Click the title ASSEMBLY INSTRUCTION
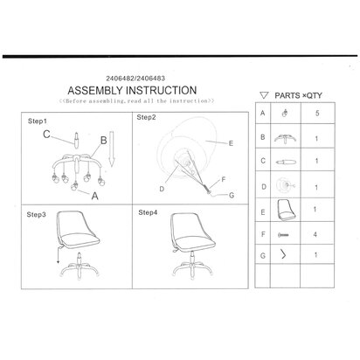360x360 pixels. click(132, 90)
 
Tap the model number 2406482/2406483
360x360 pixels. click(135, 78)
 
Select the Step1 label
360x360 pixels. click(37, 121)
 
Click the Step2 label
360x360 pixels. click(146, 117)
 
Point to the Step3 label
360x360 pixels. click(36, 215)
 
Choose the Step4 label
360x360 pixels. click(148, 212)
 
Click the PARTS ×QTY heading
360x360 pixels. click(298, 95)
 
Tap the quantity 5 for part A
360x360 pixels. click(317, 113)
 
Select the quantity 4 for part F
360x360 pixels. click(315, 234)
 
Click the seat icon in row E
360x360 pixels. click(286, 210)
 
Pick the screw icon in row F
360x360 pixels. click(283, 234)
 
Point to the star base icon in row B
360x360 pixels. click(285, 138)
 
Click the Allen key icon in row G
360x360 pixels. click(283, 254)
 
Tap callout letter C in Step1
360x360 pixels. click(46, 135)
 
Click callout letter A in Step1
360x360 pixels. click(95, 196)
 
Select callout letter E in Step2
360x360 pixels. click(231, 143)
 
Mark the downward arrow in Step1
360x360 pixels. click(111, 149)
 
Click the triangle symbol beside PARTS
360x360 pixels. click(264, 95)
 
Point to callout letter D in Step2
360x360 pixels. click(162, 189)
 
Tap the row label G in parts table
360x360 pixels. click(263, 255)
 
